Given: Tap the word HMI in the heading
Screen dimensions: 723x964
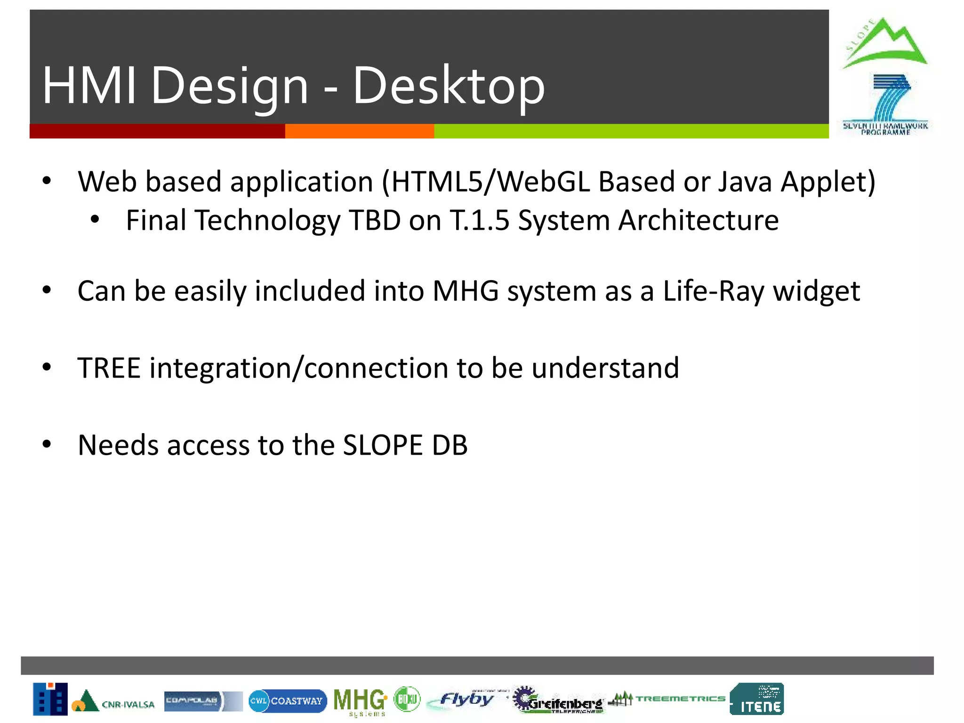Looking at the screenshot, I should click(x=89, y=86).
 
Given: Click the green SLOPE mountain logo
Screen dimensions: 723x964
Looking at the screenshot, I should click(x=884, y=43).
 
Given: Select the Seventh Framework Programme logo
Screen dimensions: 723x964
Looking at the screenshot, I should click(x=885, y=104).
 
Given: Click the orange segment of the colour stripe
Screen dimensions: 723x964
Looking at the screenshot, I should click(x=359, y=131).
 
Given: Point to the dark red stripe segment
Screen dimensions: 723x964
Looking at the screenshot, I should click(x=157, y=131).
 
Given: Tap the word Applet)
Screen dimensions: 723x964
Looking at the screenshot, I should click(x=828, y=182).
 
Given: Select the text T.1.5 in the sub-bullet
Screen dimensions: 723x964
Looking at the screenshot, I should click(x=480, y=220).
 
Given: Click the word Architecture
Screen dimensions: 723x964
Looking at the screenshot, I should click(x=698, y=220).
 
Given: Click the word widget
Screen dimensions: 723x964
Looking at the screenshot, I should click(x=817, y=291).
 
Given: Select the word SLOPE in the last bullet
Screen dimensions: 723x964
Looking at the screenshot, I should click(x=383, y=445).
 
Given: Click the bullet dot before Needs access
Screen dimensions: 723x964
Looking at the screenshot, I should click(x=46, y=444).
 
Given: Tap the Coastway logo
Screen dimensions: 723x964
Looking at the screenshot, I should click(x=287, y=700).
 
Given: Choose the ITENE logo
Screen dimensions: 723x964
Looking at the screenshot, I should click(x=757, y=699).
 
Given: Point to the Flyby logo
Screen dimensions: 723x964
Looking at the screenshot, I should click(x=464, y=699).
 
